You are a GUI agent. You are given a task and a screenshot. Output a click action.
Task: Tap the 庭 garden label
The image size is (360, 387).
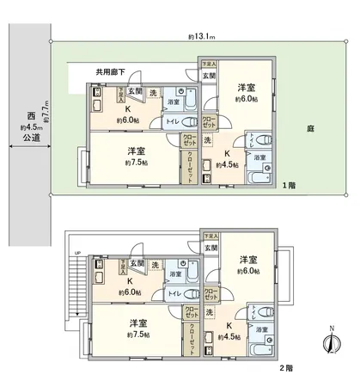pyautogui.click(x=308, y=131)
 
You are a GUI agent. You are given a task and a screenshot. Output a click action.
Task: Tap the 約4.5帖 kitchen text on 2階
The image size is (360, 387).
pyautogui.click(x=228, y=335)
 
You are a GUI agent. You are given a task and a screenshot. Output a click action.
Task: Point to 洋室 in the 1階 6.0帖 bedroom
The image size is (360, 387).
pyautogui.click(x=247, y=87)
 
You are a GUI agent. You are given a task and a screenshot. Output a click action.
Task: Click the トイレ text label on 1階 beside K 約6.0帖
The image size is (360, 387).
pyautogui.click(x=174, y=123)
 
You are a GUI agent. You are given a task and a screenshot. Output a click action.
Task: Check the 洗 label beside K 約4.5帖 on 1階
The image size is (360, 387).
pyautogui.click(x=207, y=139)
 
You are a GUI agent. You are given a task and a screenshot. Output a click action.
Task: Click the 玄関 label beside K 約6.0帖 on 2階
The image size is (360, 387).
pyautogui.click(x=139, y=261)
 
